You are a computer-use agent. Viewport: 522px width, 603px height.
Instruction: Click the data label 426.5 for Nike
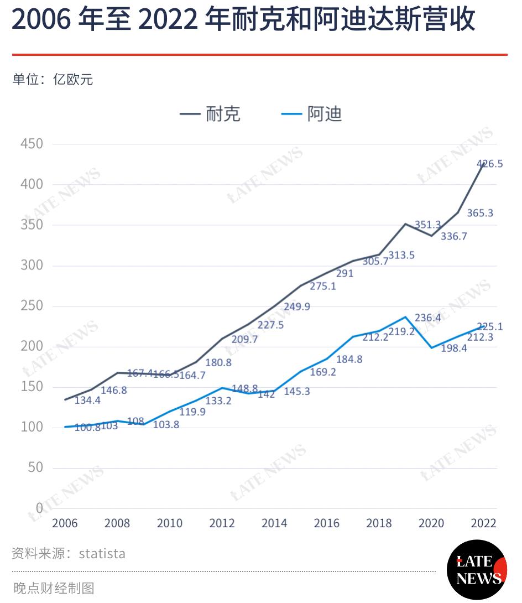pyautogui.click(x=489, y=164)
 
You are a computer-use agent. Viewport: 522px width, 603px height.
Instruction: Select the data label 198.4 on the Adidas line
pyautogui.click(x=454, y=349)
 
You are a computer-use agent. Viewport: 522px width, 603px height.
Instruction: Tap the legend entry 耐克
pyautogui.click(x=223, y=114)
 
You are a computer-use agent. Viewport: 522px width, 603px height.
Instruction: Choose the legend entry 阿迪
pyautogui.click(x=325, y=114)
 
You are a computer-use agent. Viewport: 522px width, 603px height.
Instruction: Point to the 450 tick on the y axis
pyautogui.click(x=32, y=144)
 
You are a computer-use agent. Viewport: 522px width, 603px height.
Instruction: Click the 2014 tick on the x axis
pyautogui.click(x=274, y=523)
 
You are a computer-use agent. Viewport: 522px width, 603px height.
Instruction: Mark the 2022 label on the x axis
pyautogui.click(x=483, y=523)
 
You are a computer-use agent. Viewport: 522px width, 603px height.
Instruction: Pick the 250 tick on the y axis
pyautogui.click(x=32, y=306)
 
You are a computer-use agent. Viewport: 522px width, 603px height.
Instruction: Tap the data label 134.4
pyautogui.click(x=87, y=401)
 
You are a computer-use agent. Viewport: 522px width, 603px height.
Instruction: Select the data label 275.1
pyautogui.click(x=322, y=287)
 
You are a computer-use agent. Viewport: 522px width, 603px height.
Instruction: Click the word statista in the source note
pyautogui.click(x=102, y=554)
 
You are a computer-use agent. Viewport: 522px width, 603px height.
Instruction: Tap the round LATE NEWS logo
pyautogui.click(x=477, y=570)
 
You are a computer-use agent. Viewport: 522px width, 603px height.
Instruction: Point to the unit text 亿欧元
pyautogui.click(x=73, y=79)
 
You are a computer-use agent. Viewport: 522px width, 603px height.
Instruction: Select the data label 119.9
pyautogui.click(x=192, y=412)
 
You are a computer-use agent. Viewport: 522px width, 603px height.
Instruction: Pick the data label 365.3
pyautogui.click(x=480, y=213)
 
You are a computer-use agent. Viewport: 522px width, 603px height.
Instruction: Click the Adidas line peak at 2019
pyautogui.click(x=405, y=317)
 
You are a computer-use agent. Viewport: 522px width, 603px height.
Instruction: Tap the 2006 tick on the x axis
pyautogui.click(x=65, y=523)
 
